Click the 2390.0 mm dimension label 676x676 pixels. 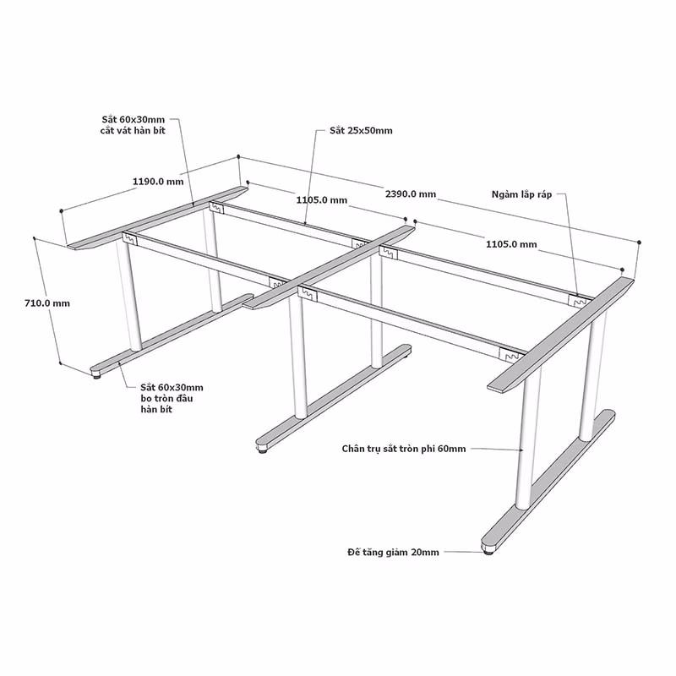tap(411, 194)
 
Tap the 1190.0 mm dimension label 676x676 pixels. tap(158, 182)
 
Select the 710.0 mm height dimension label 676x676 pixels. tap(47, 303)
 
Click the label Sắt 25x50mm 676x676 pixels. tap(362, 131)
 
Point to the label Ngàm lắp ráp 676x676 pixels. tap(521, 195)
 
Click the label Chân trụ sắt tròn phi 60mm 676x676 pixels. tap(404, 449)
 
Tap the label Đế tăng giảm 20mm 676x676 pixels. tap(393, 553)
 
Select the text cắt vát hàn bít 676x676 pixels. tap(133, 130)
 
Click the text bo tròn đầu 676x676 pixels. tap(166, 398)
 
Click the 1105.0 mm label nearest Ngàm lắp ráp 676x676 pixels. tap(511, 244)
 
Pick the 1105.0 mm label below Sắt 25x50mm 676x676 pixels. tap(322, 200)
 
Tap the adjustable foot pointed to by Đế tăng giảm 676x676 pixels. tap(488, 551)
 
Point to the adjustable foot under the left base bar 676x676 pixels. tap(97, 375)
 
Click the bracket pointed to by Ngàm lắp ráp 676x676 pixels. tap(579, 302)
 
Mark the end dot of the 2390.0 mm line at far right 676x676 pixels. tap(639, 243)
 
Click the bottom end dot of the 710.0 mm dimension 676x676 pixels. tap(60, 363)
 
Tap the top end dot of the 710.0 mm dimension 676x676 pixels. tap(34, 237)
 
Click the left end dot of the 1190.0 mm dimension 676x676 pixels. tap(62, 210)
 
